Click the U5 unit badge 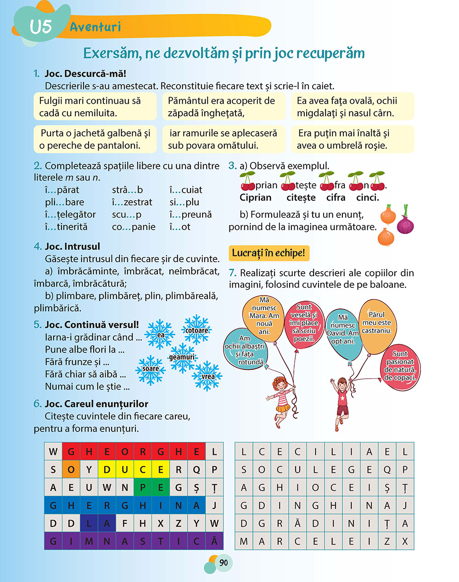[x=40, y=26]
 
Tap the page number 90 [x=224, y=563]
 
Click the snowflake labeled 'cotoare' [x=197, y=330]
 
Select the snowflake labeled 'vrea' [x=208, y=376]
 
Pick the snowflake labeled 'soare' [x=150, y=369]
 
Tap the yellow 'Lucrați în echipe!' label [x=269, y=253]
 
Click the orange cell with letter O [x=71, y=470]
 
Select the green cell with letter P [x=143, y=487]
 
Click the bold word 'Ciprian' [x=256, y=197]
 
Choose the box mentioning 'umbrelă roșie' [x=353, y=140]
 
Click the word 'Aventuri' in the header [x=95, y=27]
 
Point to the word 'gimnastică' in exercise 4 [x=134, y=541]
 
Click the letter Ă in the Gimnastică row [x=214, y=541]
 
